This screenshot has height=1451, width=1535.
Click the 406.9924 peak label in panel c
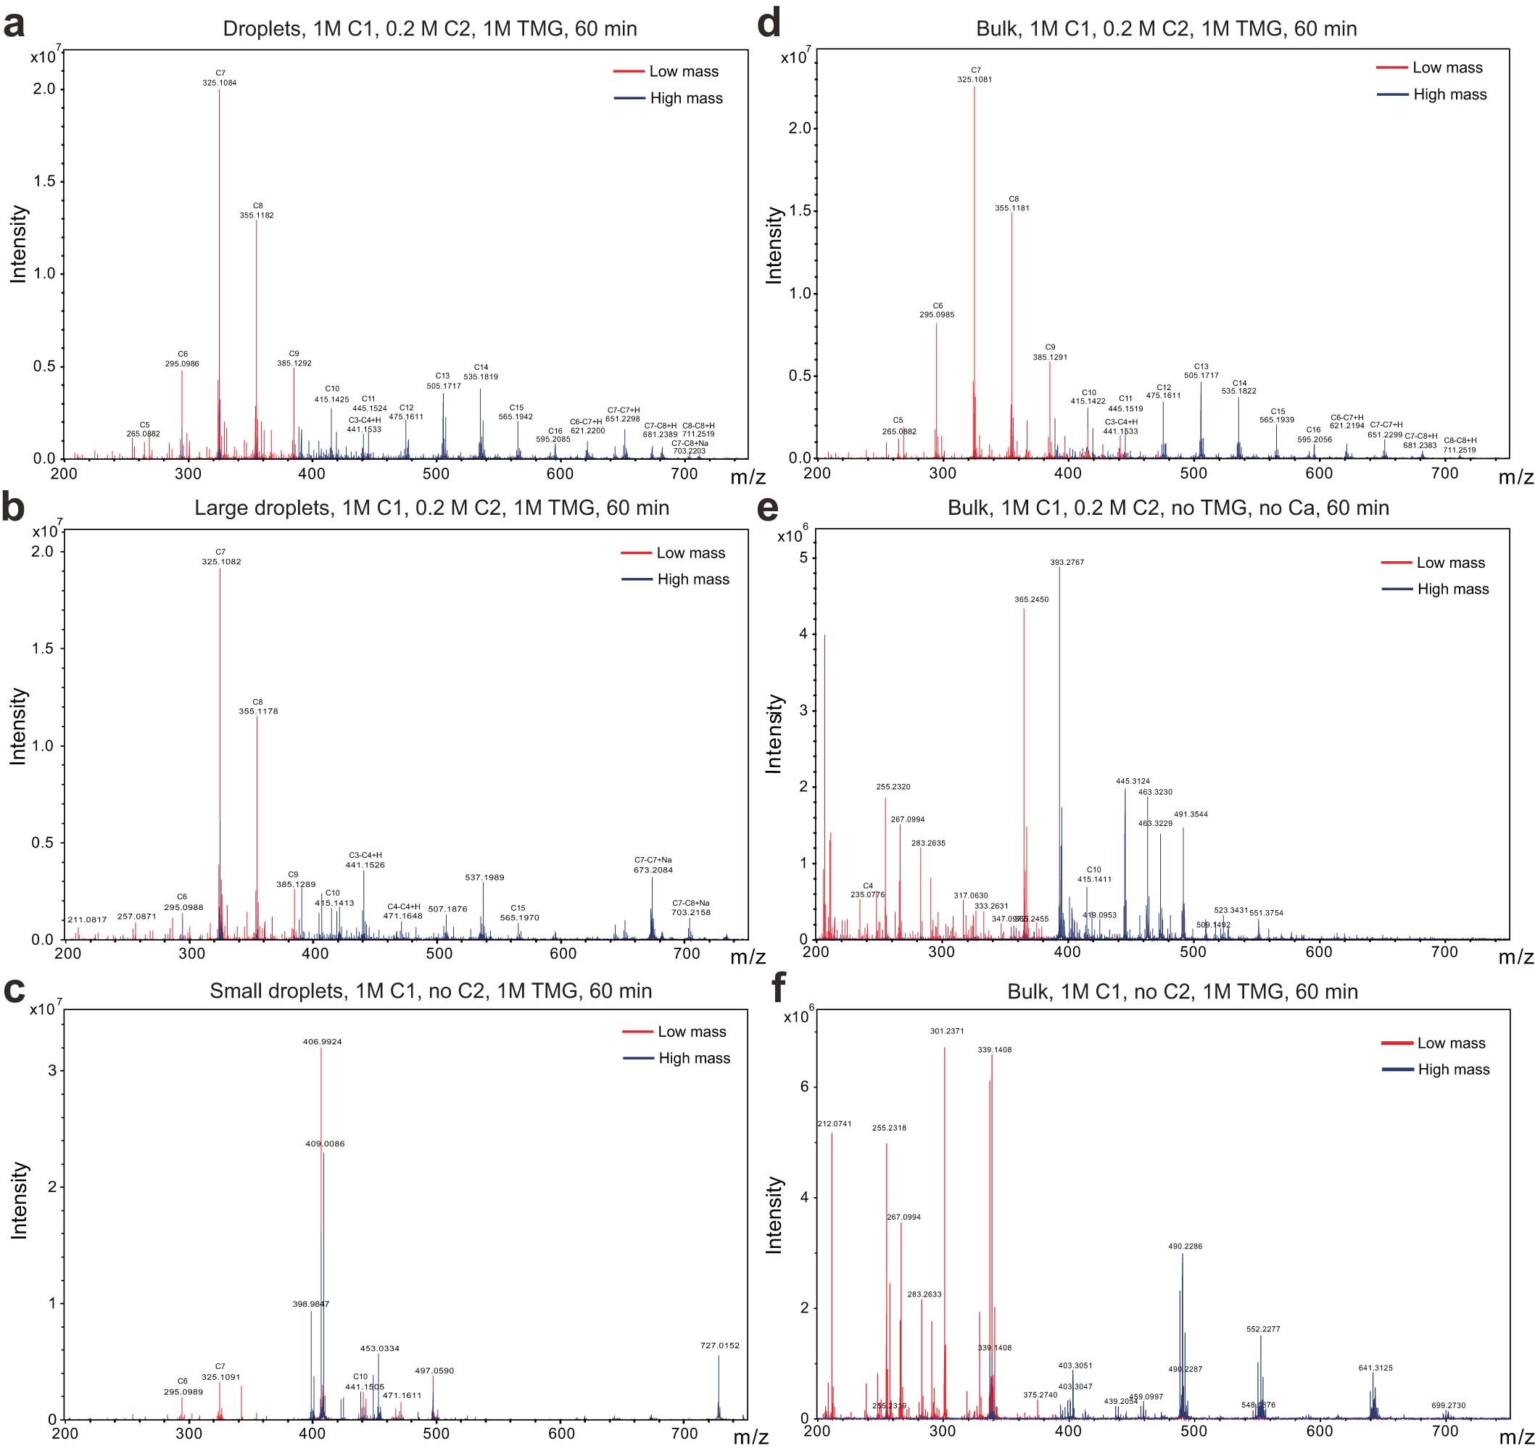click(323, 1042)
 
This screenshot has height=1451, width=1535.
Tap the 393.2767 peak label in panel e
click(1067, 562)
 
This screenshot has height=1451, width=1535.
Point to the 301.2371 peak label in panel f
click(946, 1031)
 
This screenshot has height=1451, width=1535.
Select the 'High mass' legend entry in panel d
click(1449, 94)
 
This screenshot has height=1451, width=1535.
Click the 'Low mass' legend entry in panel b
click(690, 553)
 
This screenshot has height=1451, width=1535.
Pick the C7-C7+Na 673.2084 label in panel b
click(653, 864)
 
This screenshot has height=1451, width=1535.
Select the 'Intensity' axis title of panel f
click(773, 1215)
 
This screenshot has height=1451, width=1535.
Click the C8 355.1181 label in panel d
click(1012, 204)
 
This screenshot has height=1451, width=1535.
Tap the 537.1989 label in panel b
click(484, 877)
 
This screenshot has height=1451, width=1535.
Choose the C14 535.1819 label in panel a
click(481, 372)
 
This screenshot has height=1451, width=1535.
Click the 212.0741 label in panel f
click(835, 1123)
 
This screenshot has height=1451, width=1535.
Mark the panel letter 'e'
click(769, 508)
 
